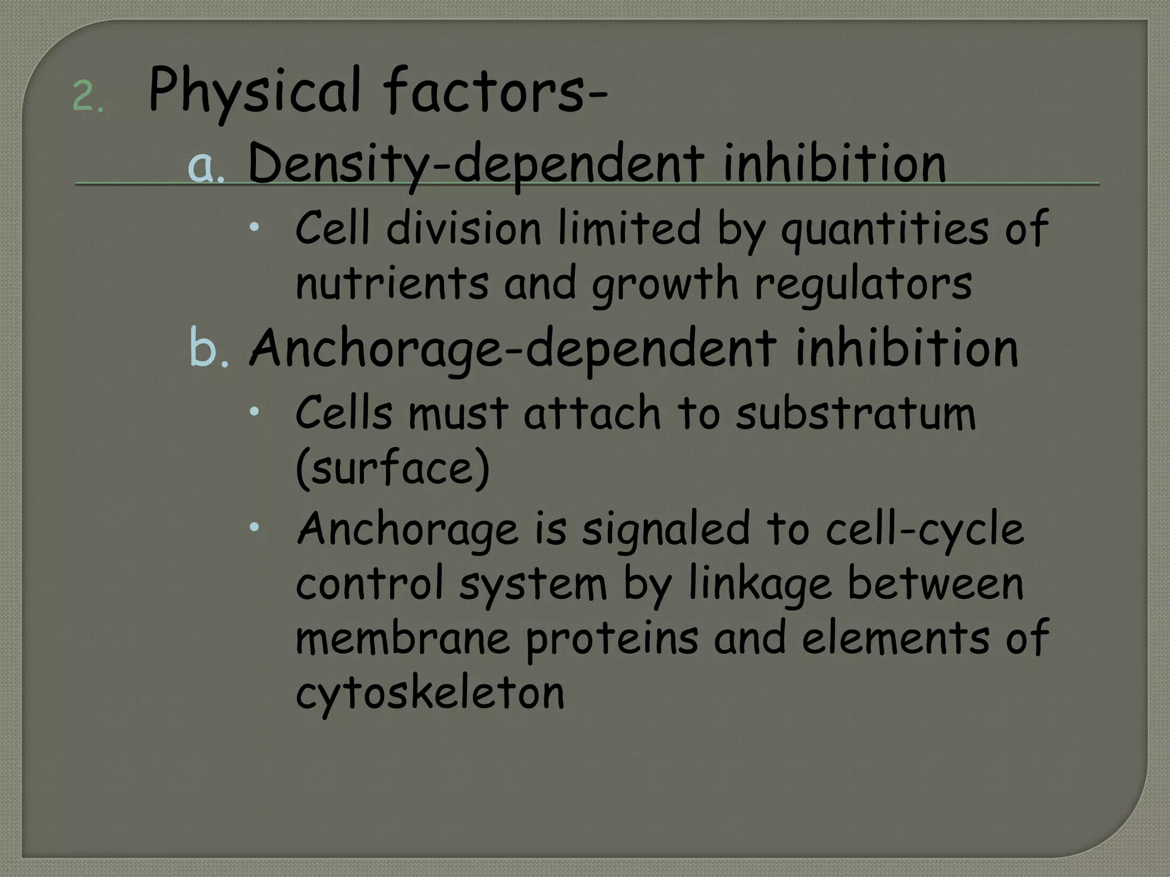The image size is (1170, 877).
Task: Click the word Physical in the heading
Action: coord(254,91)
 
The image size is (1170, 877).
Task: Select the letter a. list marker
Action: coord(206,166)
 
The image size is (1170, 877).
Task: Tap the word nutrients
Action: coord(392,283)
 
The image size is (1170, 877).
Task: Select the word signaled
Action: coord(666,529)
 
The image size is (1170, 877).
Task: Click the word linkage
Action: coord(760,584)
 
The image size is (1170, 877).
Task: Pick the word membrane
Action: coord(402,638)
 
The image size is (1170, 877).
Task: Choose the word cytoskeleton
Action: coord(430,693)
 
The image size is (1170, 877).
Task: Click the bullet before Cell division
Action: coord(254,227)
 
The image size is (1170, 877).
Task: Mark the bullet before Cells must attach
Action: coord(254,411)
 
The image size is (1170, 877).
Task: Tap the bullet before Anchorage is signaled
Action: coord(254,526)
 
